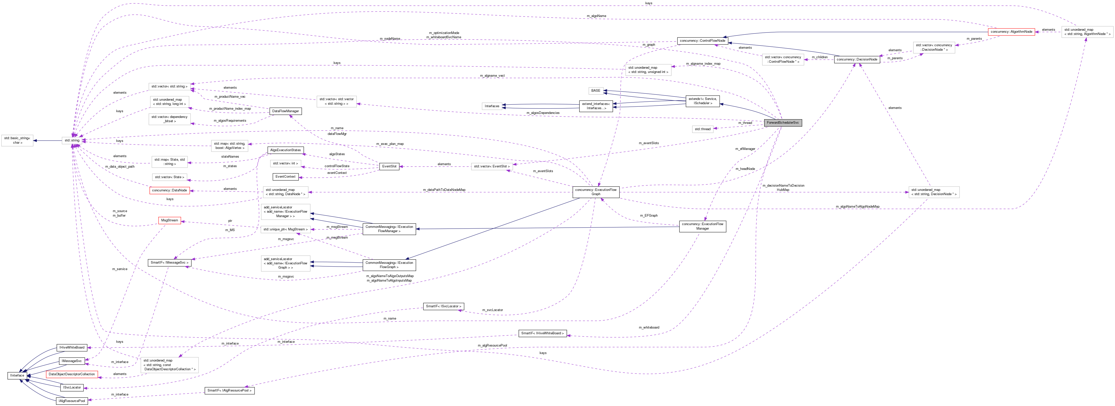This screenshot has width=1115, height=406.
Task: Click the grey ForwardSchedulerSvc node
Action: (783, 122)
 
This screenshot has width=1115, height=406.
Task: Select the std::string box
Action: (72, 140)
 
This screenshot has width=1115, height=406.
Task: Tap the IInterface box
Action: (17, 375)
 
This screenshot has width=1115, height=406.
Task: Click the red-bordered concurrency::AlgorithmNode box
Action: (1011, 31)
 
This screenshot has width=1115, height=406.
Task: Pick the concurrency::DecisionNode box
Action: (857, 59)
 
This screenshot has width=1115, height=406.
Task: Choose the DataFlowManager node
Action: (285, 111)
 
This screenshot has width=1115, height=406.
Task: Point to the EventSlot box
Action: (389, 166)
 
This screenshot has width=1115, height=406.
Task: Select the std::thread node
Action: (702, 129)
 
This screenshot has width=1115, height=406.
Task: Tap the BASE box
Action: (596, 90)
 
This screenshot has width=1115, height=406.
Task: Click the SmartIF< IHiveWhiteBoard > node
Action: (542, 333)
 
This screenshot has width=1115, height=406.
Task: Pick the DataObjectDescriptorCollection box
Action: (72, 374)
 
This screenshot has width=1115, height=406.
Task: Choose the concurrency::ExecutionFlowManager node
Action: (702, 226)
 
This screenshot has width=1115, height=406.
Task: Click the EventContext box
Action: (285, 176)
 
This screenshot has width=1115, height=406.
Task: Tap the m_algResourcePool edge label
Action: (492, 346)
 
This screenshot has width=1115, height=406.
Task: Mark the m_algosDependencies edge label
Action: (543, 113)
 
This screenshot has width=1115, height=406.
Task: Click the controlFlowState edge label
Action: (337, 166)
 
